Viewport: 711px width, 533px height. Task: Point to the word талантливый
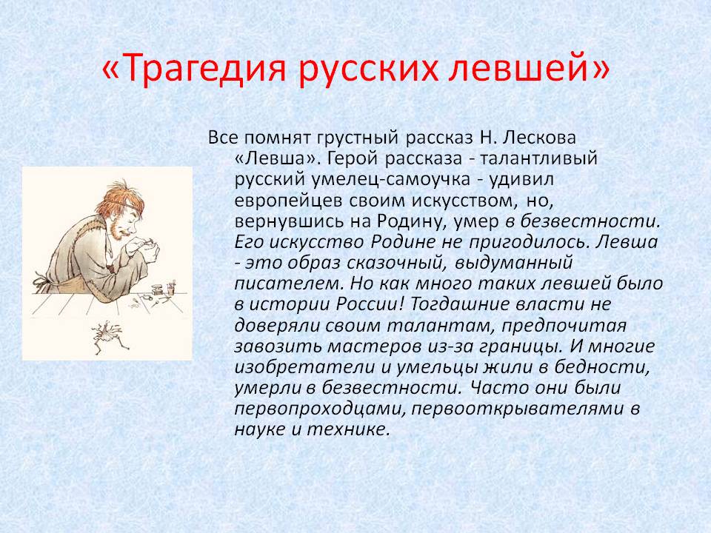click(x=538, y=158)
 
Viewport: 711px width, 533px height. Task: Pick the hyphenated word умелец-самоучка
click(x=390, y=179)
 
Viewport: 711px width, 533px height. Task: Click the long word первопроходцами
click(x=320, y=409)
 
